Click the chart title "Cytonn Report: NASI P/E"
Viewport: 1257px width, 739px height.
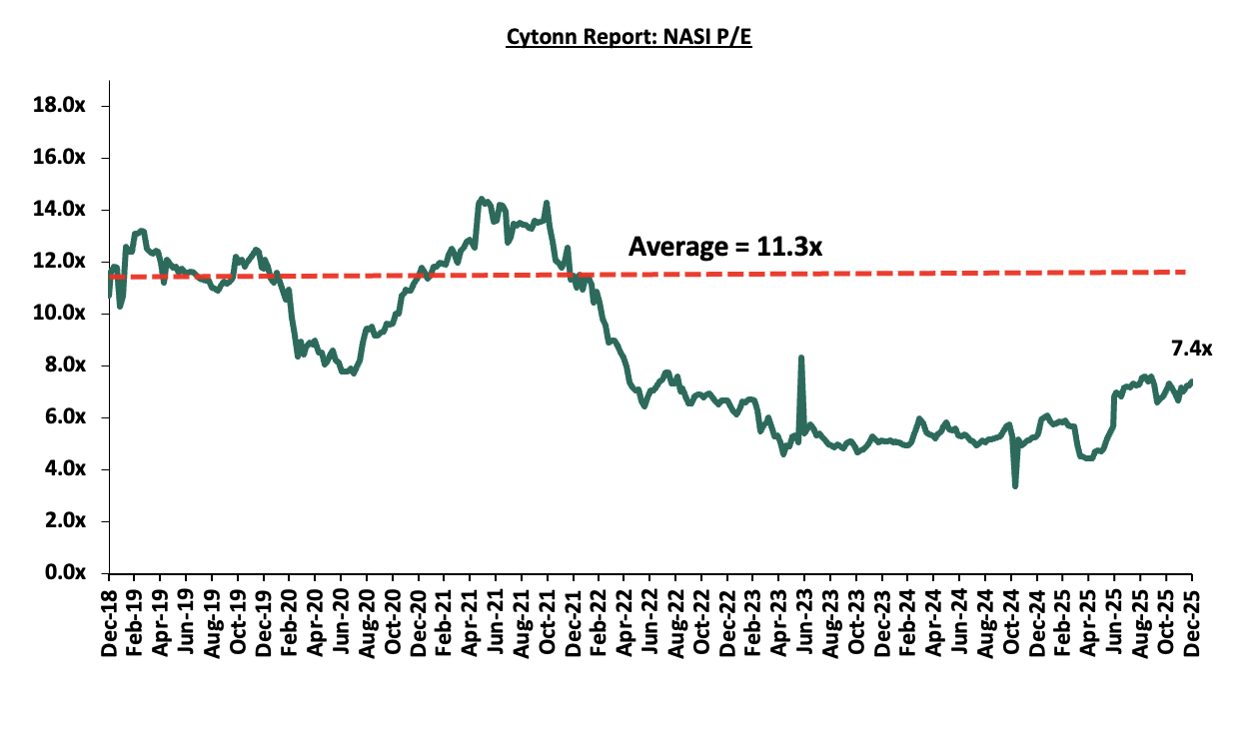[628, 38]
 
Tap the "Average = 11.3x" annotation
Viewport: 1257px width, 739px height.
[724, 246]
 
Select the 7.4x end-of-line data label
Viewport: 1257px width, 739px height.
[1191, 349]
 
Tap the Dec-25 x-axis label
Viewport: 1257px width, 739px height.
[1191, 622]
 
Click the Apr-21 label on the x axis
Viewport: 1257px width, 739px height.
[470, 622]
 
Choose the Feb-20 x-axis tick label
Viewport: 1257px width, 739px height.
[290, 622]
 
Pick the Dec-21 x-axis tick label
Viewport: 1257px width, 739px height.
[573, 622]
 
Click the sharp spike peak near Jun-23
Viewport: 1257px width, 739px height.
[801, 358]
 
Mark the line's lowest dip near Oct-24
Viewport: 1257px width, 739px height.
[1015, 486]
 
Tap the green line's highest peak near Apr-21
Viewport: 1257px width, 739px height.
[481, 199]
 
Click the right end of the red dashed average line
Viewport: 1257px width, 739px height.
[1185, 272]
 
